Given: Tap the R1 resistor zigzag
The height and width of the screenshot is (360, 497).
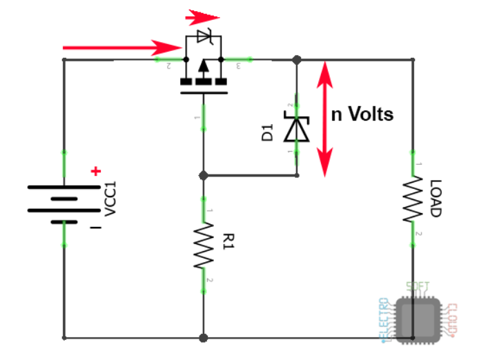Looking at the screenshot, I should (x=204, y=244).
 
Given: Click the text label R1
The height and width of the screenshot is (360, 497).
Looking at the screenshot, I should (x=228, y=241).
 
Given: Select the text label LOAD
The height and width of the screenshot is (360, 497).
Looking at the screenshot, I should (x=436, y=199).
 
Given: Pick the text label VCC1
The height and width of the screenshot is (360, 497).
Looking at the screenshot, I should (x=111, y=199).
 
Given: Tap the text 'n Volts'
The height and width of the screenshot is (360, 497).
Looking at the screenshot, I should (x=362, y=114).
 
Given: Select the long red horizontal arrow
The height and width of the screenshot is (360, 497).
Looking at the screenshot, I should (x=121, y=48).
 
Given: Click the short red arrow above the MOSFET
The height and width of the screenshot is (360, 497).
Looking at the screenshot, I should (x=203, y=16).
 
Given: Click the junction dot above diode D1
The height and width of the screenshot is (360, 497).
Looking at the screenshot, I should (x=298, y=60).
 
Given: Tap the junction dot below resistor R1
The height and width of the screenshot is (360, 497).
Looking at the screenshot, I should (x=204, y=338).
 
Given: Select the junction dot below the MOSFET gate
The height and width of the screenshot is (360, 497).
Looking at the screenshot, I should (x=204, y=175).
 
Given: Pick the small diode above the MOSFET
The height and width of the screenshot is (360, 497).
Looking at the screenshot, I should (x=204, y=34).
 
